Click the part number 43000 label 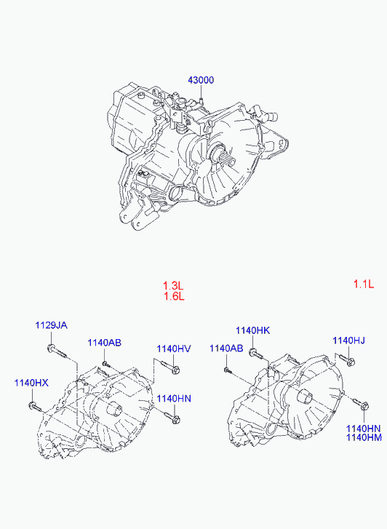pos(201,80)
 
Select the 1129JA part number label pos(52,325)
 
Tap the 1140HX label pos(31,383)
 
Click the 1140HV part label pos(174,349)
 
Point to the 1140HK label pos(252,330)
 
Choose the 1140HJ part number pos(349,341)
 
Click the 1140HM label pos(364,437)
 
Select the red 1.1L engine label pos(364,284)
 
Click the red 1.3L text pos(173,286)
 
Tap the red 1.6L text pos(174,297)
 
